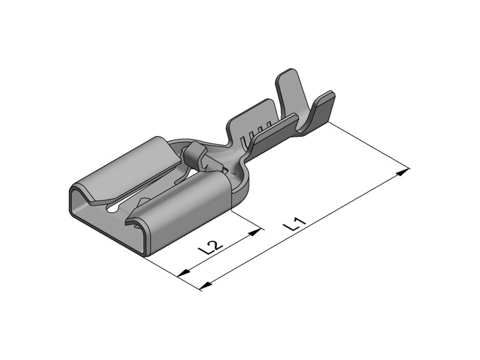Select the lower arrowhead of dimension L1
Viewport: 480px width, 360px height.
[x=206, y=285]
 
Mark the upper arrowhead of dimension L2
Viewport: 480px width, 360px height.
[x=255, y=232]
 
